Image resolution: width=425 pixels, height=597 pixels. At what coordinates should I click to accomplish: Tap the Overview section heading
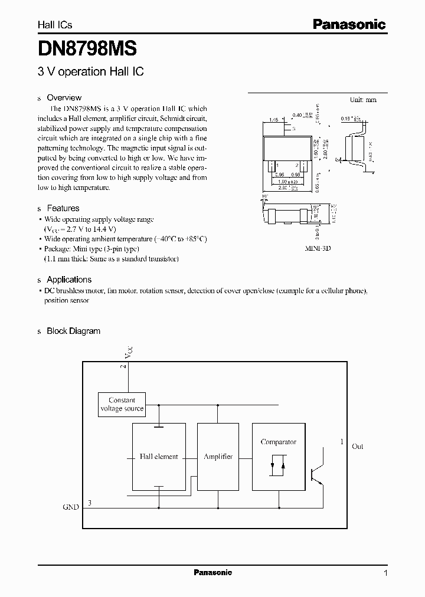(x=64, y=98)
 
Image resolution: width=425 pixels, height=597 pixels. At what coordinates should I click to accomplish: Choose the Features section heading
(x=63, y=208)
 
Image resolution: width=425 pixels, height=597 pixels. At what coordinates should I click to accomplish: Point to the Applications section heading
(x=69, y=280)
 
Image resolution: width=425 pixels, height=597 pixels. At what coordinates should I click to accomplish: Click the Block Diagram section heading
(x=73, y=331)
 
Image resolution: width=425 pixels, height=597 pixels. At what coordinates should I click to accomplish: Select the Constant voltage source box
(x=122, y=404)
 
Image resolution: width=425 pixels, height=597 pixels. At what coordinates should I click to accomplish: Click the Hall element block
(x=159, y=457)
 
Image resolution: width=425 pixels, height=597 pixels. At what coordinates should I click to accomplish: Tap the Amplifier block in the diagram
(x=218, y=457)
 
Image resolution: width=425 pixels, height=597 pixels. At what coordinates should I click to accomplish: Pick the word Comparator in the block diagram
(x=278, y=442)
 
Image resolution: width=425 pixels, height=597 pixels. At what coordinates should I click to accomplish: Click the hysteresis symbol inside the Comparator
(x=277, y=465)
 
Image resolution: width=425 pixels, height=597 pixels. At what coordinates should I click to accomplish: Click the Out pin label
(x=358, y=447)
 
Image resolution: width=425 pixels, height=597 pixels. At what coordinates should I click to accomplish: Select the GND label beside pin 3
(x=71, y=507)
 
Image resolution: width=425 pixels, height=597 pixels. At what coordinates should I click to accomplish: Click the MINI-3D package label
(x=318, y=249)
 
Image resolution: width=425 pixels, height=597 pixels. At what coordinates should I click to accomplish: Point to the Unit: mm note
(x=362, y=100)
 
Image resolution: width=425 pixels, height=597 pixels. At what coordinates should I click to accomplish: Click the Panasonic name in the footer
(x=213, y=572)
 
